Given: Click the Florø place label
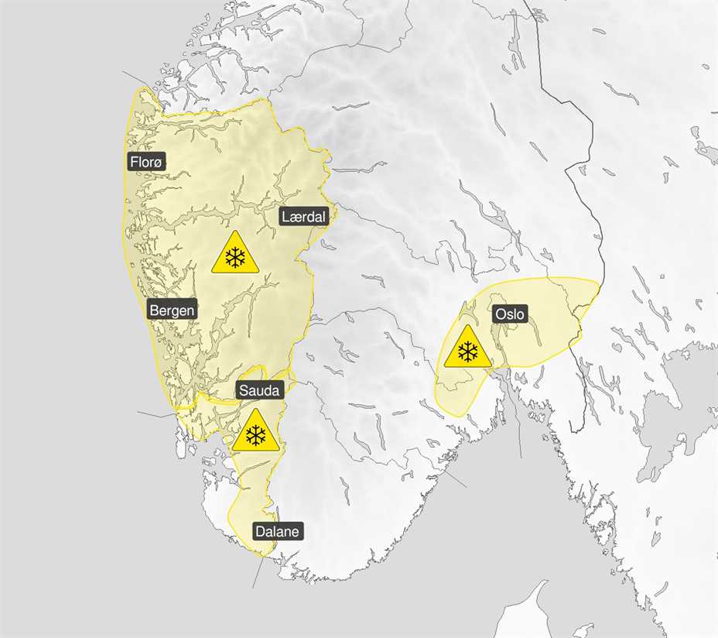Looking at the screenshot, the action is pos(147,161).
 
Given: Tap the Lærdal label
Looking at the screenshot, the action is pos(304,216).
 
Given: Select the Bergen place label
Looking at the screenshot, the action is pos(173,310).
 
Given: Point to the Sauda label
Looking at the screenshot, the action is pos(258,390).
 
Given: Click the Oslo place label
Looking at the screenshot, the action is pos(509,314).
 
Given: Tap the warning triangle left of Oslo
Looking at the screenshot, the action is pos(467,348).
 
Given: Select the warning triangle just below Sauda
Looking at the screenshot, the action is pos(255,433).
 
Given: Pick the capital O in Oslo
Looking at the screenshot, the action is pos(498,314).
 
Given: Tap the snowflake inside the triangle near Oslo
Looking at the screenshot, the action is pos(467,352).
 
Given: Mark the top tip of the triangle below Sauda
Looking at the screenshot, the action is pos(255,411).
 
